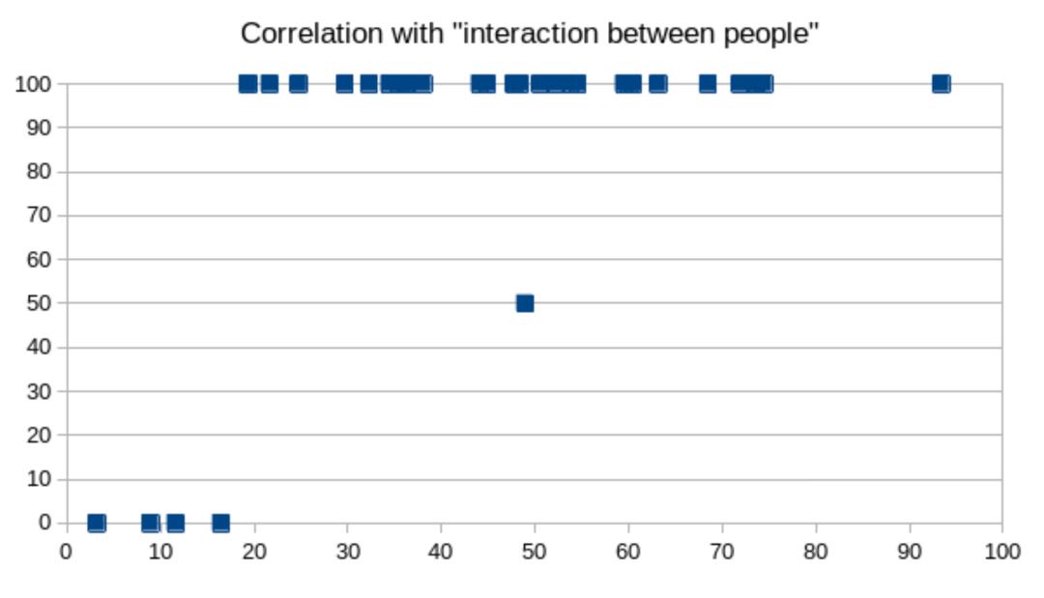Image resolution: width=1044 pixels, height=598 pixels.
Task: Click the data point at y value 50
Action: point(525,303)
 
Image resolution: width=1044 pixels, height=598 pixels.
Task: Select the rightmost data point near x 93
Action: point(941,84)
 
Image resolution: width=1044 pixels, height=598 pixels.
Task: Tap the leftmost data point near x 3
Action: point(97,523)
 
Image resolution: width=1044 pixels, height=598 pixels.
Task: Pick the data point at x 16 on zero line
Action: point(220,523)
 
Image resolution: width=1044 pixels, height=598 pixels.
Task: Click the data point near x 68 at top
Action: point(708,84)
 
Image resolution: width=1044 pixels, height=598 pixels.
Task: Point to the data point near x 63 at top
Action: point(657,84)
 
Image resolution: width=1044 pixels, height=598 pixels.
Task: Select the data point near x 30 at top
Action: point(344,84)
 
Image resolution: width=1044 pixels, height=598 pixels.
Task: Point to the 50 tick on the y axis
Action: point(39,303)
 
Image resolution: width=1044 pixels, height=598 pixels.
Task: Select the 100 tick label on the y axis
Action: point(33,84)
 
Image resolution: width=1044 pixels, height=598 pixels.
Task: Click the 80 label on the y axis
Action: point(39,172)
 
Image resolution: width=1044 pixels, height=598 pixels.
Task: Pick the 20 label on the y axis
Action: point(39,435)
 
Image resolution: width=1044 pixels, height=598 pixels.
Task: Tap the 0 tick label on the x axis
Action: point(66,552)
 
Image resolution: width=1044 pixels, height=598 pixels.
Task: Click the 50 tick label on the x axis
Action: point(535,552)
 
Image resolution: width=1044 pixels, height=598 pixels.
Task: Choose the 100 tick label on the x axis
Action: point(1001,552)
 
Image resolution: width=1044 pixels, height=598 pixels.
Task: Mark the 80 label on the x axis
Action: point(816,552)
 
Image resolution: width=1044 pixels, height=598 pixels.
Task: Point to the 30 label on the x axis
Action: point(347,552)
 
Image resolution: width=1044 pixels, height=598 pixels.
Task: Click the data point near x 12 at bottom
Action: point(175,523)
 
